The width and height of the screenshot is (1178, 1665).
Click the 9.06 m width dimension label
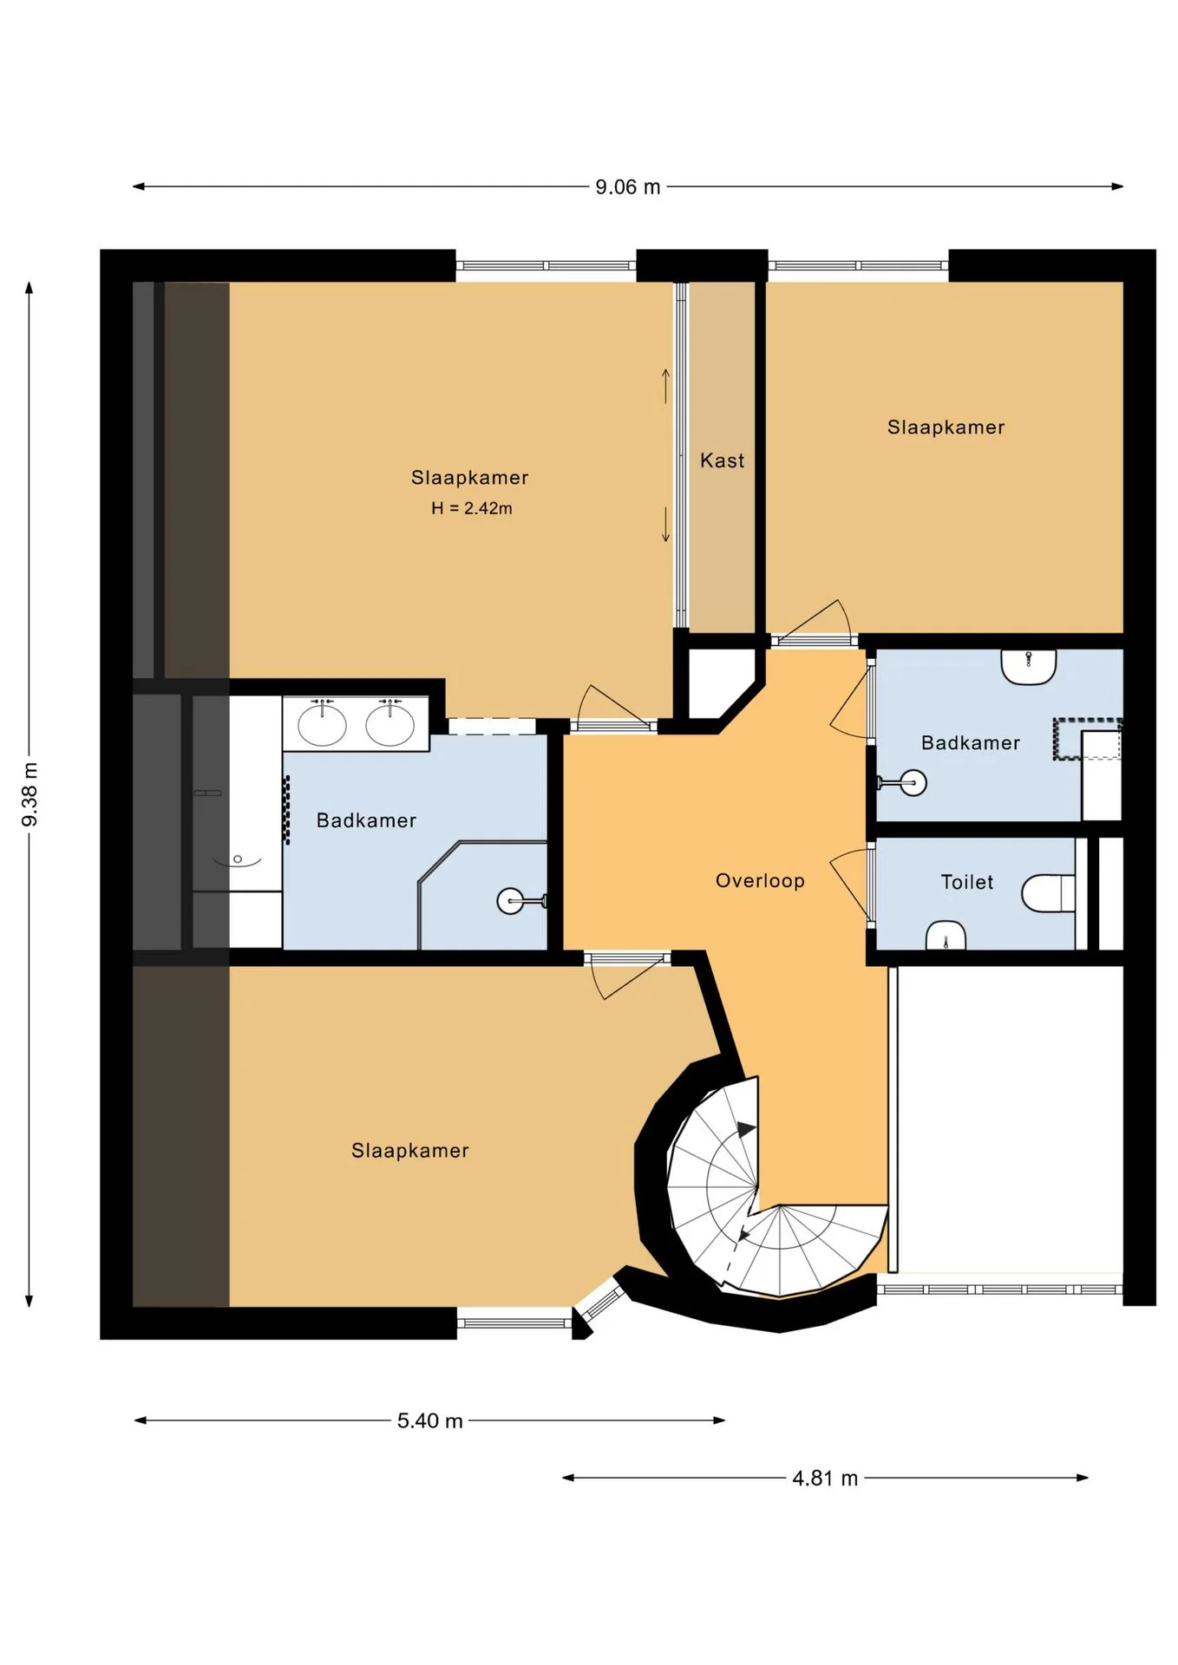coord(627,187)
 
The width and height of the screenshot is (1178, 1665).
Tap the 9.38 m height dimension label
coord(29,794)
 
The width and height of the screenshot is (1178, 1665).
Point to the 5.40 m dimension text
coord(430,1420)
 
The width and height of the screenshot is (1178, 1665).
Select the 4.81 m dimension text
coord(825,1478)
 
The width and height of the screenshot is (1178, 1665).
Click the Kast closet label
coord(722,460)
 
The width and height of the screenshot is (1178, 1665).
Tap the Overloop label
coord(760,881)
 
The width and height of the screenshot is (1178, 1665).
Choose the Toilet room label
coord(967,882)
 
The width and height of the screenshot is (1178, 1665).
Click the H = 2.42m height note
coord(472,508)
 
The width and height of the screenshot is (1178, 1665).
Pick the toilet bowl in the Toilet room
coord(1049,893)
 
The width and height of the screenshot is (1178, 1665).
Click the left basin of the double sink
coord(322,724)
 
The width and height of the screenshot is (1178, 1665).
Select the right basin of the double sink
coord(389,724)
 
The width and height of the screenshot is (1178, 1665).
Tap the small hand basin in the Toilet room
coord(946,936)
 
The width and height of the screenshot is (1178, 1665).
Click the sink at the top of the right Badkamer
coord(1029,667)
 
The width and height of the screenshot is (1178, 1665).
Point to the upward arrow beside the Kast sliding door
coord(666,386)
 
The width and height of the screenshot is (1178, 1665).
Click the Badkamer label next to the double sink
coord(366,820)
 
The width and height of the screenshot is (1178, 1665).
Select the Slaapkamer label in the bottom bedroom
coord(410,1151)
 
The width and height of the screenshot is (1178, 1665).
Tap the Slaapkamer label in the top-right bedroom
coord(946,428)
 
